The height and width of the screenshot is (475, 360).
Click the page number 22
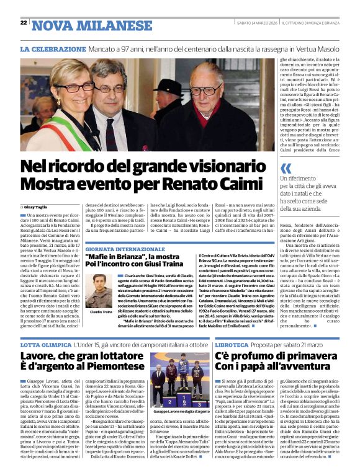coord(24,23)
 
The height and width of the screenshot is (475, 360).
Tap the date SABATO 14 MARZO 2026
coord(248,23)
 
